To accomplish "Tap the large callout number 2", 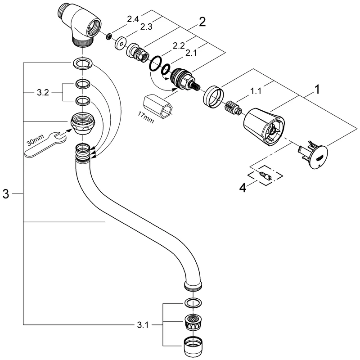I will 202,21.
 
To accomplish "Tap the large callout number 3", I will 6,194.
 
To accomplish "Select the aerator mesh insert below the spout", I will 193,322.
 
